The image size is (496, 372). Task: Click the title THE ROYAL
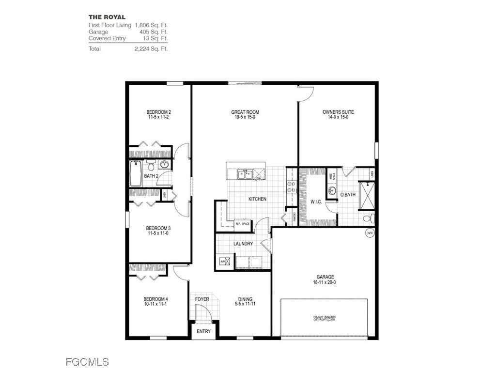click(x=107, y=17)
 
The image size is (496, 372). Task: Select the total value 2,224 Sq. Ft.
click(x=151, y=49)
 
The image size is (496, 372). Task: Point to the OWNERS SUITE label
click(x=338, y=112)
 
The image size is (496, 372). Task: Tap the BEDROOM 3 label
click(x=158, y=228)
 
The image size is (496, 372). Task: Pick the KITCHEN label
click(x=257, y=199)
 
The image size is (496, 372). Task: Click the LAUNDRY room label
click(x=243, y=244)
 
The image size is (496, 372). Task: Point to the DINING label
click(x=245, y=299)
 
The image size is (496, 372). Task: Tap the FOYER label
click(x=202, y=299)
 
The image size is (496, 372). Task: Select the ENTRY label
click(x=204, y=331)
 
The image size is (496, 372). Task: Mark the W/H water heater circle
click(x=370, y=232)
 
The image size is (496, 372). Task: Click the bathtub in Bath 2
click(x=136, y=174)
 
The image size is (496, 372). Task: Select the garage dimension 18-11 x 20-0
click(x=325, y=282)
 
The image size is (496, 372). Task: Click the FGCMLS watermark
click(x=87, y=362)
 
